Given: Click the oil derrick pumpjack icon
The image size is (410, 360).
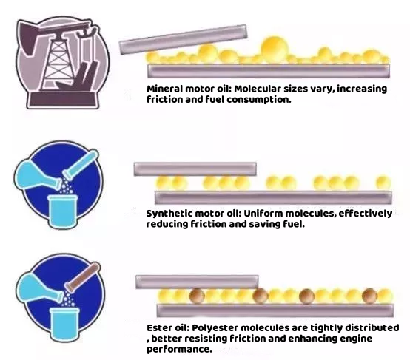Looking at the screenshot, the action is click(62, 63).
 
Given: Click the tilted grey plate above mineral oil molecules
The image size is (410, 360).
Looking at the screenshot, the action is click(183, 39).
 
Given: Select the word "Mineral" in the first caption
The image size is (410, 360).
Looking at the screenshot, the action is click(165, 89).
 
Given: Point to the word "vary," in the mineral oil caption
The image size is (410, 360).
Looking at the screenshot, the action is click(322, 89).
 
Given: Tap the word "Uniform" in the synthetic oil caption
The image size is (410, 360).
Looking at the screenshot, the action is click(263, 214).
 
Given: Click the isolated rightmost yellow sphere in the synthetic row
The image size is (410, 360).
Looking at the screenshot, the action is click(383, 183).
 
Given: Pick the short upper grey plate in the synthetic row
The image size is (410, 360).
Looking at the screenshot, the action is click(195, 169).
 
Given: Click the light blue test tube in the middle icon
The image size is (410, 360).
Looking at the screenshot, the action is click(80, 166).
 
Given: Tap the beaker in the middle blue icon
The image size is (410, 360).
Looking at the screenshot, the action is click(63, 211).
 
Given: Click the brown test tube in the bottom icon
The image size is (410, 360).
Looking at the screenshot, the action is click(82, 276).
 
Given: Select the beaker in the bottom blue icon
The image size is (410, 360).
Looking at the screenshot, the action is click(64, 324).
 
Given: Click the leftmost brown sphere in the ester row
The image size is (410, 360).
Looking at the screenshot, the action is click(197, 296).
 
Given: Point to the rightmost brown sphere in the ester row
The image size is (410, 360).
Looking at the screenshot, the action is click(370, 296).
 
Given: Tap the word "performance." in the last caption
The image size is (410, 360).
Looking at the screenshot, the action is click(179, 349).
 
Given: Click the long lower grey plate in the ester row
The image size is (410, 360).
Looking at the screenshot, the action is click(275, 310).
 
